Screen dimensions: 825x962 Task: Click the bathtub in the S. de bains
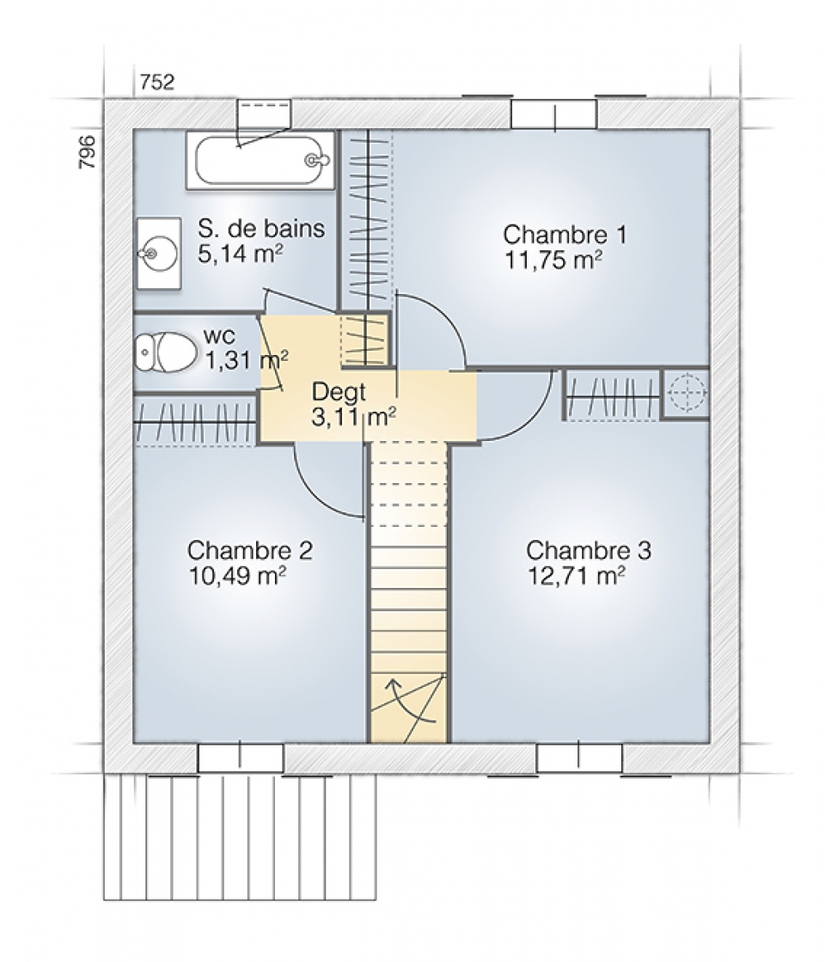[x=260, y=160]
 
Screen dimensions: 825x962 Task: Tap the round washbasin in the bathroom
[x=158, y=252]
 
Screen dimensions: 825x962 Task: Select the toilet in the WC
[x=166, y=352]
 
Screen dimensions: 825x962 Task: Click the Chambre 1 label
[x=565, y=234]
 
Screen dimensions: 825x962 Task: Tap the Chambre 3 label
[x=589, y=549]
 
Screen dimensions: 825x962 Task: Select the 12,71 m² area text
[x=577, y=575]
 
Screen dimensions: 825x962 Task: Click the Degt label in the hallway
[x=339, y=391]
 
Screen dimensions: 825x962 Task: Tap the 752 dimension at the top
[x=157, y=83]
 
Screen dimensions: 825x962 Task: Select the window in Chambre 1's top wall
[x=554, y=114]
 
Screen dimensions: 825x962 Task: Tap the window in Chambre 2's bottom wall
[x=241, y=758]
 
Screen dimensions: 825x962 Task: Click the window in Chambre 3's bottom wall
[x=579, y=758]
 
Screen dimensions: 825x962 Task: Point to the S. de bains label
[x=261, y=228]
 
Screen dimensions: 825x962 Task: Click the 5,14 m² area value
[x=241, y=254]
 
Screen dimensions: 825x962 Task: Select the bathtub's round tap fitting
[x=314, y=160]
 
